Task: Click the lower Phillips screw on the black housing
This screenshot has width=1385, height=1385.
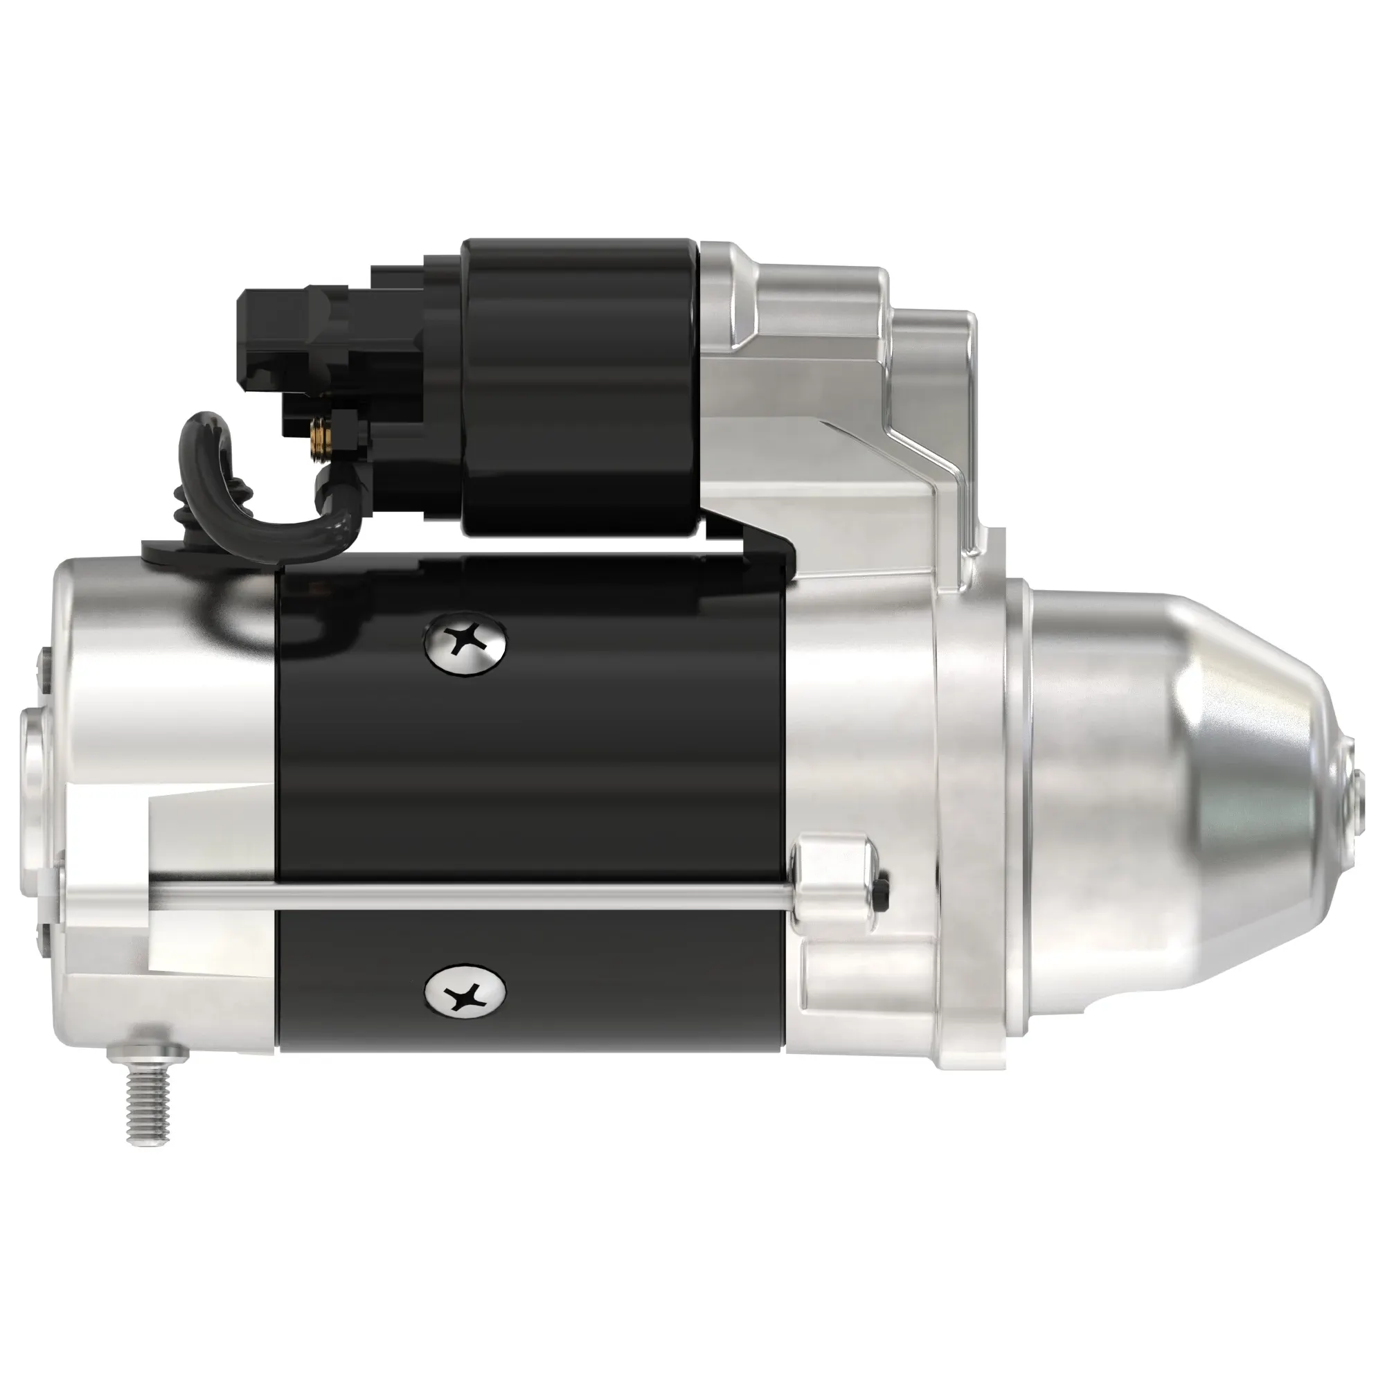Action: (x=465, y=993)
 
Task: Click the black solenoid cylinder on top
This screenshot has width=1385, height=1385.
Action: (x=581, y=387)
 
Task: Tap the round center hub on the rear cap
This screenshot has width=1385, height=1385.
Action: (x=36, y=763)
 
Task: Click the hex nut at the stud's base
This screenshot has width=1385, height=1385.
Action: (x=148, y=1054)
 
